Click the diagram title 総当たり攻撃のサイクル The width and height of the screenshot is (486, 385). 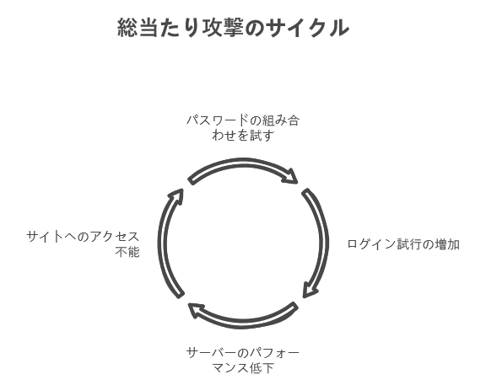tap(234, 28)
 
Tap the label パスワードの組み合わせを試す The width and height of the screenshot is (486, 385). tap(243, 127)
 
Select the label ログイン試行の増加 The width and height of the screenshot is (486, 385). tap(403, 244)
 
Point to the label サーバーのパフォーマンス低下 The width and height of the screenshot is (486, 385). tap(243, 361)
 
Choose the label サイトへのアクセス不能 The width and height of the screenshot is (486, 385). tap(83, 244)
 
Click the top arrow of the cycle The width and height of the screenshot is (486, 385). tap(243, 162)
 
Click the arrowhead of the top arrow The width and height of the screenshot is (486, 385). tap(291, 176)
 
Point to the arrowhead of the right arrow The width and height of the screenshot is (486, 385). tap(310, 290)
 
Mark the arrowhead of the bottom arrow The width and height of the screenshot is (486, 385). tap(196, 310)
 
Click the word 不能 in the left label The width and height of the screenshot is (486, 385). tap(127, 252)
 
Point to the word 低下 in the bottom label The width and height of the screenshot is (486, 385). tap(262, 368)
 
